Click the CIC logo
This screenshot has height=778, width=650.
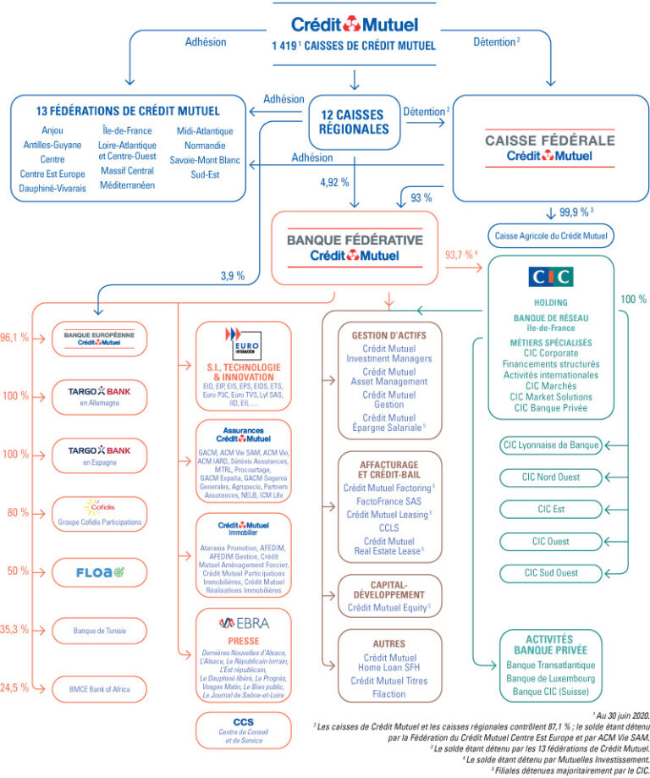(x=550, y=277)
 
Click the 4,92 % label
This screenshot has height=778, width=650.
(x=334, y=182)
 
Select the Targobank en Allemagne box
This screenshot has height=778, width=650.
(x=99, y=395)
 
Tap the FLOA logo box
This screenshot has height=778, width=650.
(x=99, y=571)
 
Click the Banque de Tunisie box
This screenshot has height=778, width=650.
(x=99, y=630)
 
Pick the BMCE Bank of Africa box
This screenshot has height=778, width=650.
(x=99, y=689)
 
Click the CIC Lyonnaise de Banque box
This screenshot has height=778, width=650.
(x=550, y=444)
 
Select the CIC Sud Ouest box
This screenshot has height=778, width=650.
(x=550, y=573)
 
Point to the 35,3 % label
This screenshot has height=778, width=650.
(x=14, y=629)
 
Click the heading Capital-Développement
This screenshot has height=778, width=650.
(x=388, y=589)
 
